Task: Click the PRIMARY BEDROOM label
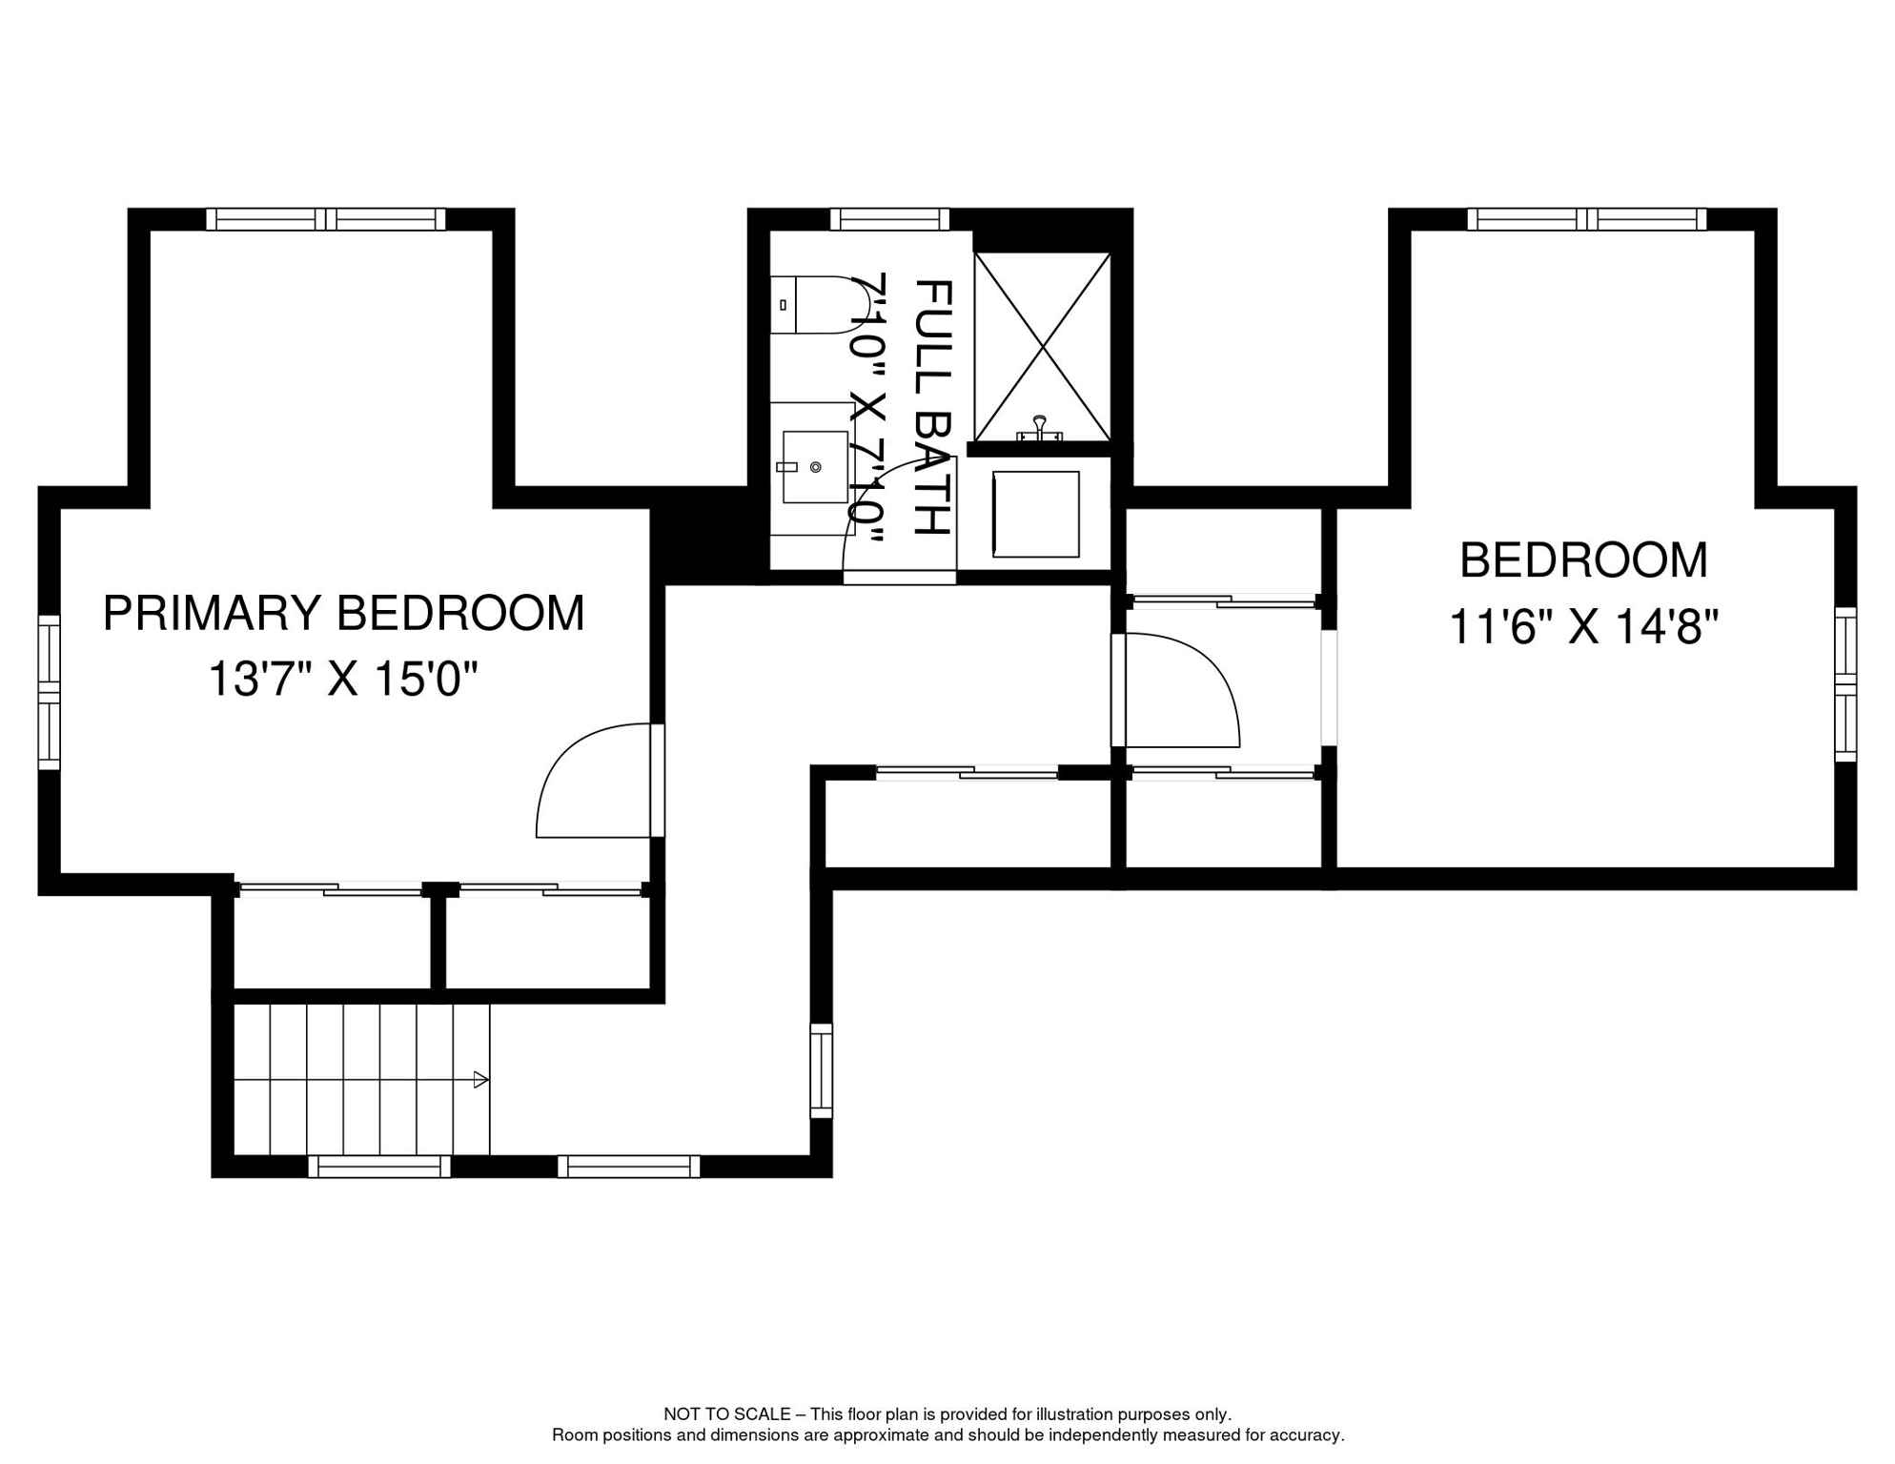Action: pos(343,613)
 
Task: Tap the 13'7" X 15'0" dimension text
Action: pos(342,680)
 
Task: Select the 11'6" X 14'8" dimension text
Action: pos(1583,627)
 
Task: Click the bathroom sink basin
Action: pos(815,467)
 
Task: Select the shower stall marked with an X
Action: pos(1042,347)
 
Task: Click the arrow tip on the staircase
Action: pos(481,1080)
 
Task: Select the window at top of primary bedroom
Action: pos(326,219)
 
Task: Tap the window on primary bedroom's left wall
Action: pos(49,692)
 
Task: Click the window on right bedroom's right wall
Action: pos(1845,684)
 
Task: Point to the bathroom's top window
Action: pos(889,219)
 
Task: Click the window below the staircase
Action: pos(379,1167)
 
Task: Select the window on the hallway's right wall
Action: pos(821,1070)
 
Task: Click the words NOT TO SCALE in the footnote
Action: pos(726,1414)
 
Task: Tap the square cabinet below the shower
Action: pos(1036,515)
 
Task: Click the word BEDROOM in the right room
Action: pos(1583,560)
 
